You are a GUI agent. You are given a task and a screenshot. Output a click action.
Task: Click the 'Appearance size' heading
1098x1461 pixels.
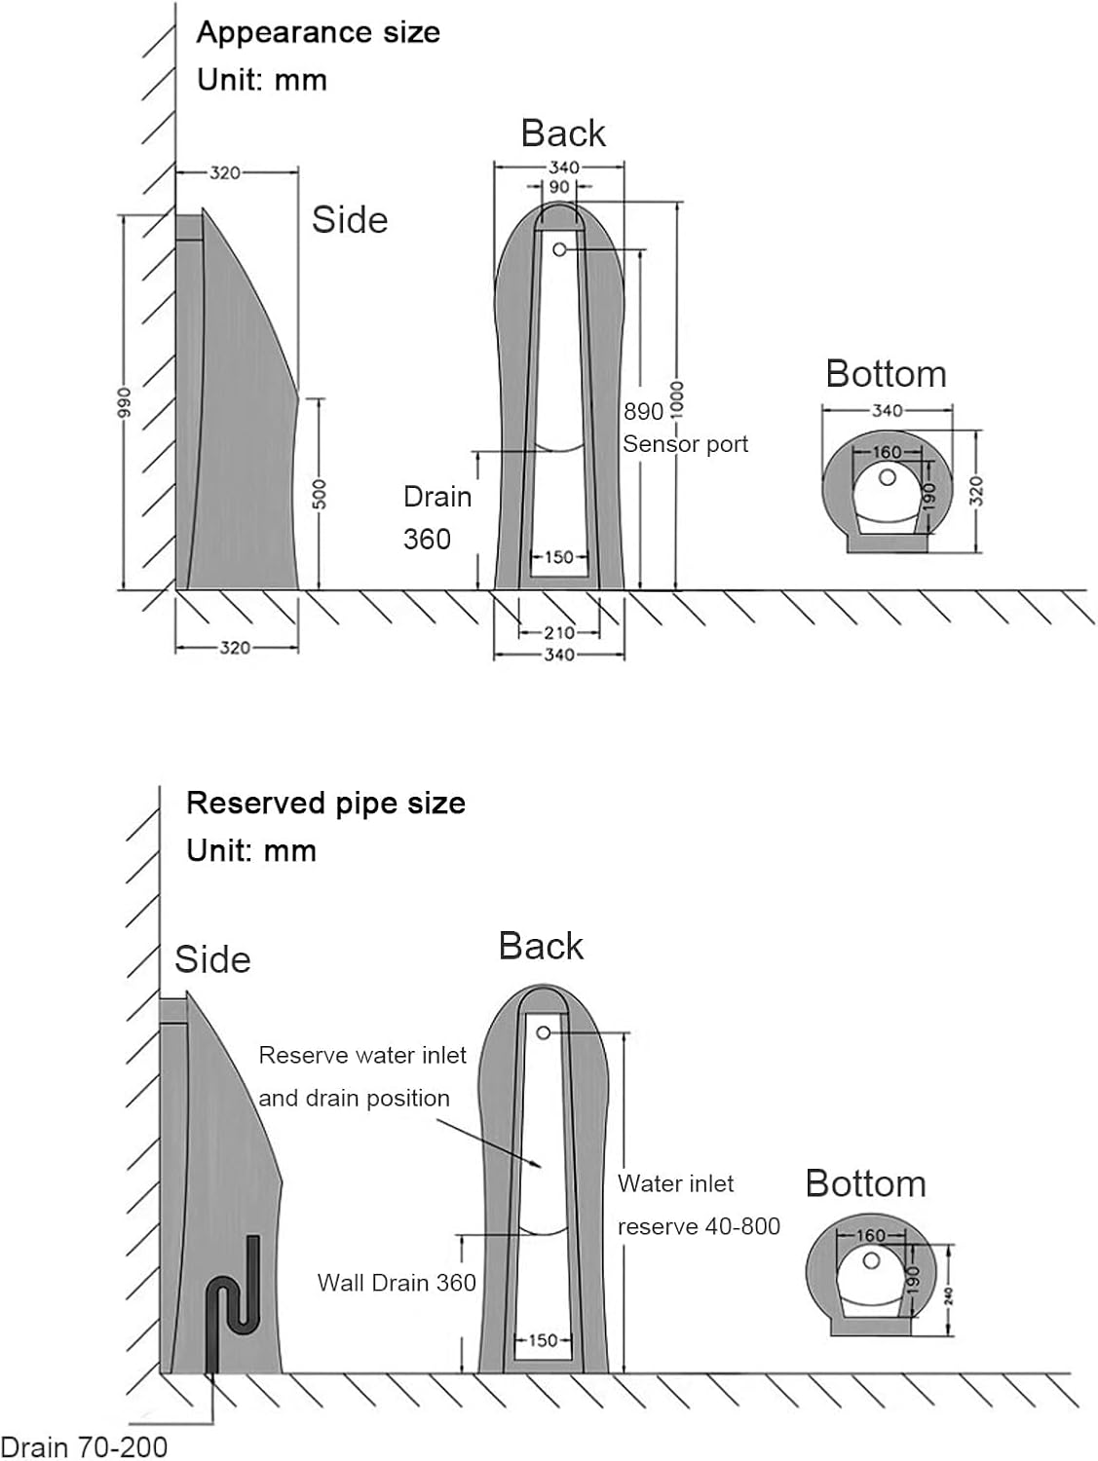(318, 32)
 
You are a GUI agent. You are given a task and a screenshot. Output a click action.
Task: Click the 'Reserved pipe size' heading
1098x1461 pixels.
(325, 803)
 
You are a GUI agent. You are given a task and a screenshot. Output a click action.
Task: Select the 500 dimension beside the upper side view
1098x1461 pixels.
(319, 494)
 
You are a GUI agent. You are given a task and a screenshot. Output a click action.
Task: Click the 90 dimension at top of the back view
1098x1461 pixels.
(559, 187)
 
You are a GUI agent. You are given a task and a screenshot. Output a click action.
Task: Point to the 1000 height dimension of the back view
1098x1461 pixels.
(677, 398)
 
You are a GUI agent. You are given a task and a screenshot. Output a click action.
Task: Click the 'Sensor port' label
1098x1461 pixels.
(685, 444)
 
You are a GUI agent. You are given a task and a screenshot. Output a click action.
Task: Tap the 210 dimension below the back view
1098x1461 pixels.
(558, 633)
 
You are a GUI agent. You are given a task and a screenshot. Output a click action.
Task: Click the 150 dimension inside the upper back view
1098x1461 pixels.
(558, 558)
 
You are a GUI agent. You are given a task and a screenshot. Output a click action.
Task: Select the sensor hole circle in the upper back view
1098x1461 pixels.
(559, 250)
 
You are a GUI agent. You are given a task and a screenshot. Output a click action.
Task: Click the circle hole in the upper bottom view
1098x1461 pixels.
(887, 478)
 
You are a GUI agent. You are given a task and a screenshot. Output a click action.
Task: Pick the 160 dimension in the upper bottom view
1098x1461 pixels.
(886, 452)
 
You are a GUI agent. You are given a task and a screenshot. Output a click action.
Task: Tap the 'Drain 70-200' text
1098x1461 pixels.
(84, 1447)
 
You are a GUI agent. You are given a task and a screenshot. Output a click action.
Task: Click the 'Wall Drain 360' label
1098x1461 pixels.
(397, 1283)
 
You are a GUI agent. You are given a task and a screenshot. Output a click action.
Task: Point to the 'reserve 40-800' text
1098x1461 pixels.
(699, 1226)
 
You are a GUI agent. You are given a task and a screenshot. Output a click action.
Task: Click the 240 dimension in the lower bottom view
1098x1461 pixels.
(948, 1294)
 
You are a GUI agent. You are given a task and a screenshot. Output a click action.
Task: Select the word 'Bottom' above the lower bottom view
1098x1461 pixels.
(865, 1183)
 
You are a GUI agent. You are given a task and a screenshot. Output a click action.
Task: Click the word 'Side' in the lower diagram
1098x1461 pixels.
(212, 959)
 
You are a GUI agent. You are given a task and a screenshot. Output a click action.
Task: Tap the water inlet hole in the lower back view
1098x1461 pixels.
(544, 1032)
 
